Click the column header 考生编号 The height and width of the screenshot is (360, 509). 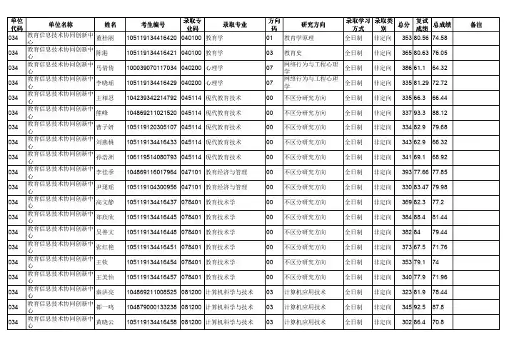[151, 24]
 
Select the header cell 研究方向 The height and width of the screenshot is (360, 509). [312, 24]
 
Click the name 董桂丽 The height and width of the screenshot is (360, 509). [105, 37]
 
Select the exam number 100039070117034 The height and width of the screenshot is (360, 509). [151, 68]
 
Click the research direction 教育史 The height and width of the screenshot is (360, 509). [294, 53]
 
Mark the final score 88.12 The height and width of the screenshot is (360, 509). [440, 112]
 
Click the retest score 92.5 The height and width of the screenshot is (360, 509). [422, 307]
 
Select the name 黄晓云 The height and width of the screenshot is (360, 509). [105, 323]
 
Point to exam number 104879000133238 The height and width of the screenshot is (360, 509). [151, 307]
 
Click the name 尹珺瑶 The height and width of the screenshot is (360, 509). [105, 187]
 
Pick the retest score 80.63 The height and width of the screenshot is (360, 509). [422, 53]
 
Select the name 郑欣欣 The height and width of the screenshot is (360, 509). [105, 217]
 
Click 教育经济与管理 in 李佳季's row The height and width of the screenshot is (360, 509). [226, 172]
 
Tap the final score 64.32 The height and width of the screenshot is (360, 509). [440, 68]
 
